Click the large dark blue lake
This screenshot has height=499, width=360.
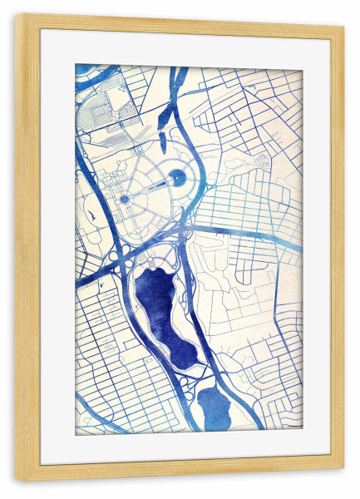click(158, 304)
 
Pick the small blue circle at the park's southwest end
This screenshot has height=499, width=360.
click(124, 200)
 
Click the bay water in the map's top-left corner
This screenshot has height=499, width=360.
click(86, 70)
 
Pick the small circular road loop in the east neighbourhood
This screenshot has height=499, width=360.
click(261, 158)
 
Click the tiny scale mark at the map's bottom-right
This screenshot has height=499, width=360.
click(291, 425)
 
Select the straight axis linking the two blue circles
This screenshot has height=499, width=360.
click(150, 188)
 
